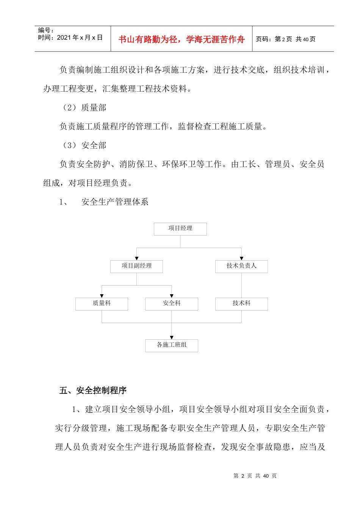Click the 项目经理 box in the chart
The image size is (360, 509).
pos(180,229)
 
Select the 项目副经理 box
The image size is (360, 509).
pos(136,266)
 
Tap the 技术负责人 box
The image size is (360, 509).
pos(241,266)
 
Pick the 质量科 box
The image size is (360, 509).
pos(102,304)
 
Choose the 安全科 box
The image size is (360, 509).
pos(171,304)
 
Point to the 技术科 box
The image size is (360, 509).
pos(241,304)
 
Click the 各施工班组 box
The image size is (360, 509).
pos(171,345)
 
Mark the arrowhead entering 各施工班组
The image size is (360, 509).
pos(172,337)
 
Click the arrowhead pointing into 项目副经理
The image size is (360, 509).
pos(137,258)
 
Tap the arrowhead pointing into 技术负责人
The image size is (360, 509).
pos(241,258)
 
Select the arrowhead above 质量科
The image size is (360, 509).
pos(102,296)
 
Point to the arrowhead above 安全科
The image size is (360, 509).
pos(172,296)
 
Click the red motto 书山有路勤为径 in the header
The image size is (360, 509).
pos(182,39)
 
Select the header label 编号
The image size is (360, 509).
pos(46,30)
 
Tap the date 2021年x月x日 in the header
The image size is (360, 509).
pos(79,37)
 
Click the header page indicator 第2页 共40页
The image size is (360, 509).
pos(286,39)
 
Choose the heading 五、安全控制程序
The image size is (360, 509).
pos(93,390)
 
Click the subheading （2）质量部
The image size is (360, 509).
pos(84,108)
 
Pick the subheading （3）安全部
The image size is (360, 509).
pos(84,145)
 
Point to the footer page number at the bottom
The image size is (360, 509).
pos(255,476)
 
